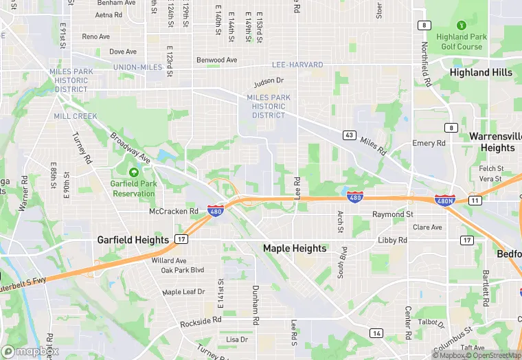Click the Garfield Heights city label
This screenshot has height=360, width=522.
[x=133, y=240]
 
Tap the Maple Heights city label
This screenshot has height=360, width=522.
[x=295, y=248]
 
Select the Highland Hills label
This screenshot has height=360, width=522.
[x=481, y=72]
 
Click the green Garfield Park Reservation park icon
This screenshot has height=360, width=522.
[x=133, y=170]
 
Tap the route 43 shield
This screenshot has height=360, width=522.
[x=350, y=135]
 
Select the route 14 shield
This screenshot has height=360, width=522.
[x=376, y=333]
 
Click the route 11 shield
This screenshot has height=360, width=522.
[x=475, y=200]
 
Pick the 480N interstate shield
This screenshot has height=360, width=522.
[x=444, y=200]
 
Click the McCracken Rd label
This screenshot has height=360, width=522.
[x=174, y=212]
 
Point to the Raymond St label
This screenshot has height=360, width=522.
[x=392, y=214]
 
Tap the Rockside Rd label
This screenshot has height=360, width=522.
[x=201, y=321]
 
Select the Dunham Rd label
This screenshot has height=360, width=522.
[x=255, y=305]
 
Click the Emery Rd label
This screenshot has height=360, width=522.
[x=429, y=143]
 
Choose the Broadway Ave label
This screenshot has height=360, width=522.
[x=130, y=146]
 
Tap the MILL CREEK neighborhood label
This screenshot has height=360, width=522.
[x=76, y=116]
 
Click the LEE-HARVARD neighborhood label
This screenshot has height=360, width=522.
[x=297, y=65]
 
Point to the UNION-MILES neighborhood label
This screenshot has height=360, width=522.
[x=138, y=67]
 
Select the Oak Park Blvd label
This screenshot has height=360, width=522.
[x=183, y=270]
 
